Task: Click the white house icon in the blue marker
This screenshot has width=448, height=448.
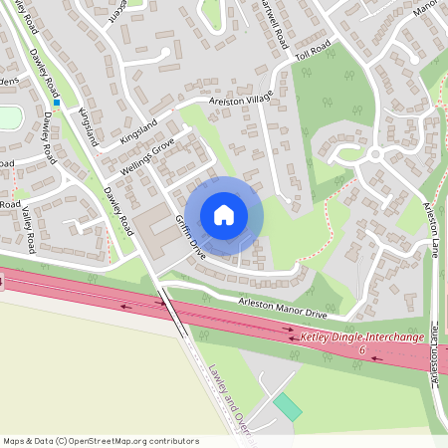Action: [224, 214]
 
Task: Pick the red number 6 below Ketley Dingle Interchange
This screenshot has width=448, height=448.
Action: [362, 351]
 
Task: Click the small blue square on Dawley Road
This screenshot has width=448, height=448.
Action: [57, 102]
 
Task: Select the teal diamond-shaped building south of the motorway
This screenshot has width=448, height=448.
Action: [288, 406]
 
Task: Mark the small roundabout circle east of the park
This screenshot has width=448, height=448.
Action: [375, 154]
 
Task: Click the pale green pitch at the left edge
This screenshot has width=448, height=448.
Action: [8, 117]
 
